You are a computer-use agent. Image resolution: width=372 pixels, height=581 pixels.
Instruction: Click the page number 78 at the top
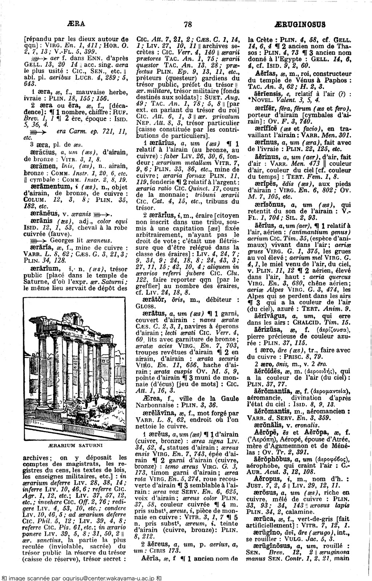(187, 24)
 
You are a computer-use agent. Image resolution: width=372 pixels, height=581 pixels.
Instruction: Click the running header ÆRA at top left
(76, 24)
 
